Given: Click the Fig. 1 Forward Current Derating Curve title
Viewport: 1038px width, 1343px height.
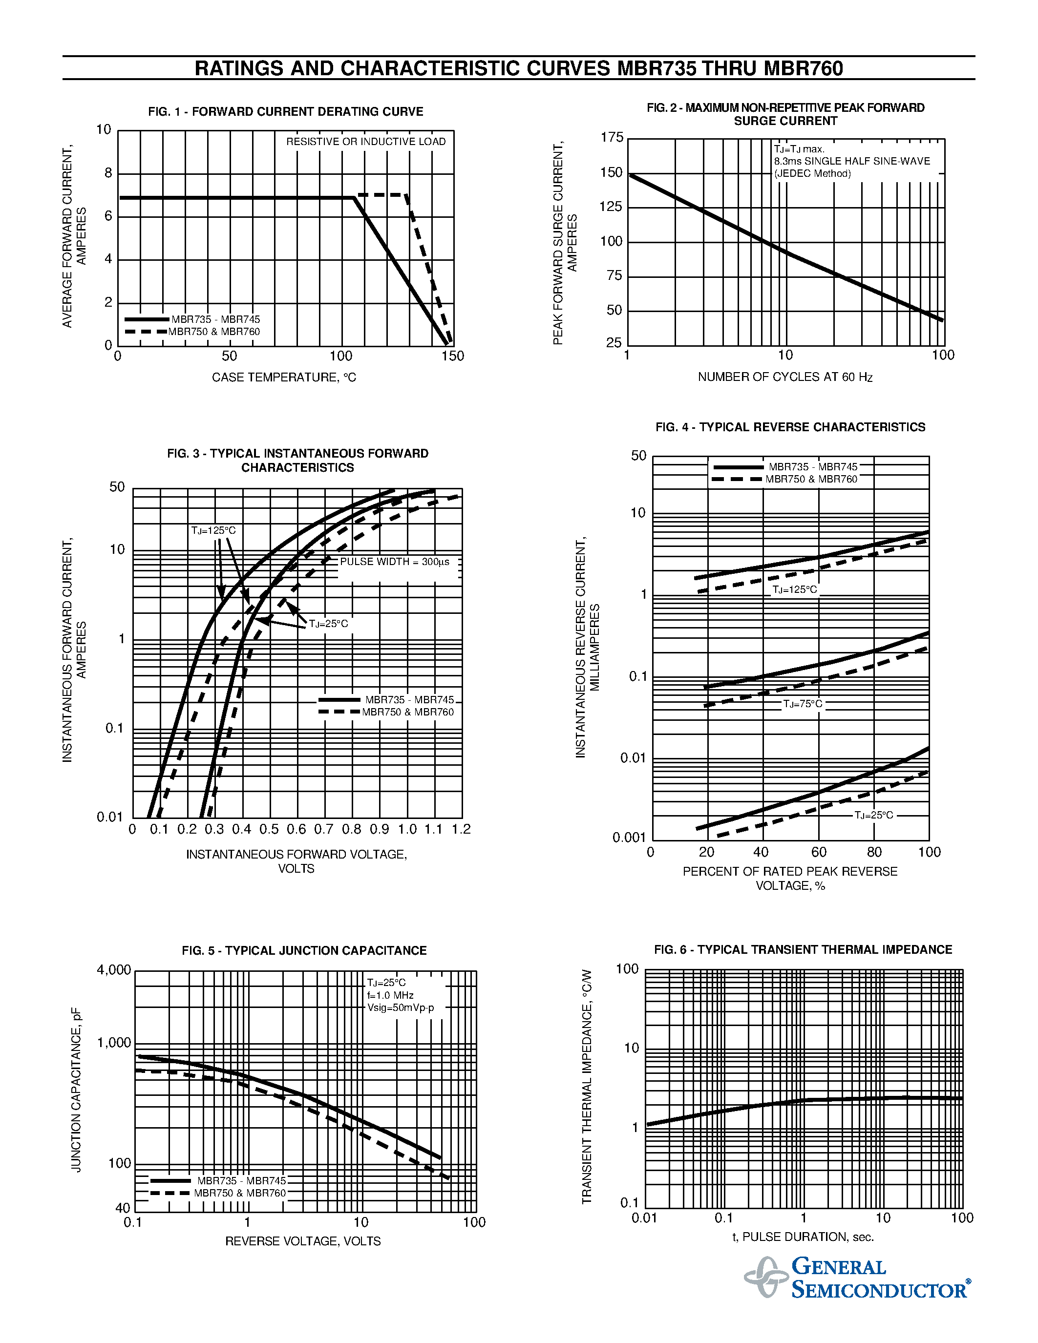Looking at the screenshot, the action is pyautogui.click(x=285, y=112).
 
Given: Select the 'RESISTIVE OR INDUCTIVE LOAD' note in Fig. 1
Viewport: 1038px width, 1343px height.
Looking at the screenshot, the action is pyautogui.click(x=366, y=142).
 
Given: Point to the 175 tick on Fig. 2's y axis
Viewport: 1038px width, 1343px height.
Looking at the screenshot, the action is pyautogui.click(x=612, y=138).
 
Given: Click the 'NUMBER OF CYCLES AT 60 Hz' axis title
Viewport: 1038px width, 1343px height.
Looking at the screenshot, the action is pyautogui.click(x=785, y=377).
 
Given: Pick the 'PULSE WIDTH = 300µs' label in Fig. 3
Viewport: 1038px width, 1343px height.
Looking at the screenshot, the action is pyautogui.click(x=395, y=562).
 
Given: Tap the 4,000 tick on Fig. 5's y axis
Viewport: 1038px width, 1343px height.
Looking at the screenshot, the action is pyautogui.click(x=114, y=970).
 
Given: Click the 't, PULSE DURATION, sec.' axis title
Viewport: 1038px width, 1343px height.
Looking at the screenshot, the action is pyautogui.click(x=803, y=1237).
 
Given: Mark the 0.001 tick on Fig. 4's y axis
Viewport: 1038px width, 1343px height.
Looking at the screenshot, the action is pyautogui.click(x=629, y=838).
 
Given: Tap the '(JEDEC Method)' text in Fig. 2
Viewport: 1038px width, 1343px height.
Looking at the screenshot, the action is pyautogui.click(x=812, y=174).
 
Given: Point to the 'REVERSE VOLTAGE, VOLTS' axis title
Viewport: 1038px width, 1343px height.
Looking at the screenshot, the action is pyautogui.click(x=303, y=1241).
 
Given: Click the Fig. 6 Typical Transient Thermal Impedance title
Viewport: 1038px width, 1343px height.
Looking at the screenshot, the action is pyautogui.click(x=803, y=950).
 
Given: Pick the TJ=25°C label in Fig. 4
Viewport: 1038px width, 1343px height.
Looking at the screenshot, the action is pyautogui.click(x=874, y=816).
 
